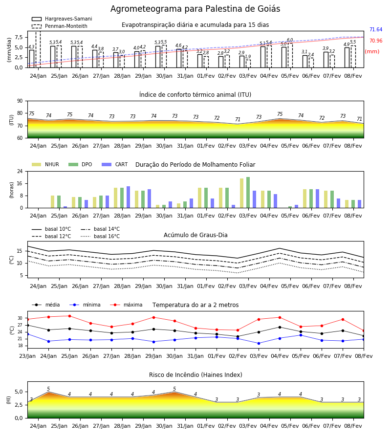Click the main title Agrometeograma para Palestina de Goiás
click(195, 9)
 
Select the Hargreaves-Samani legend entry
click(62, 19)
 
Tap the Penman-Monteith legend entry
click(60, 26)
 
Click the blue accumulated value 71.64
click(376, 29)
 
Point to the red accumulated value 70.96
click(376, 41)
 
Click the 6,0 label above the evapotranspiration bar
click(290, 40)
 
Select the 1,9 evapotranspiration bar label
click(248, 56)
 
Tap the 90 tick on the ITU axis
click(20, 101)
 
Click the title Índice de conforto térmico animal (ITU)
click(195, 94)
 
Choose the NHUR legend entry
click(45, 164)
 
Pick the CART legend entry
click(115, 164)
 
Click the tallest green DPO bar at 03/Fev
click(248, 193)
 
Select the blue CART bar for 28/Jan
click(128, 197)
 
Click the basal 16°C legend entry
click(100, 236)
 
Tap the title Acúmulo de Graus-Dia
click(195, 235)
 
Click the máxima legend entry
click(126, 305)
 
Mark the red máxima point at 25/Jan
click(69, 316)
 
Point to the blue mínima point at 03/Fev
click(259, 343)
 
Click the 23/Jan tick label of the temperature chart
click(27, 356)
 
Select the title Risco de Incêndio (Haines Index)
click(195, 374)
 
